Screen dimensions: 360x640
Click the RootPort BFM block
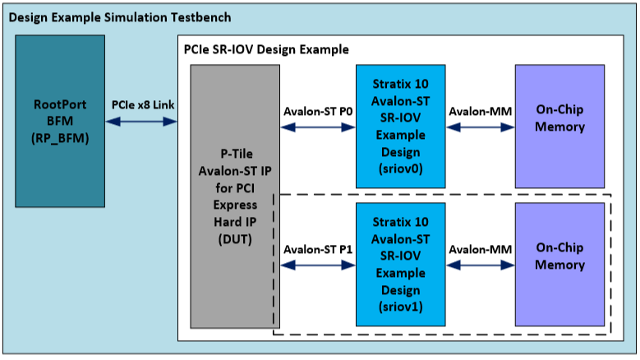click(59, 115)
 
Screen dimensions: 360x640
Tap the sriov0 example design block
click(400, 126)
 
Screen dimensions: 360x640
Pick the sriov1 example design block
click(400, 264)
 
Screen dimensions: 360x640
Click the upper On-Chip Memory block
click(559, 126)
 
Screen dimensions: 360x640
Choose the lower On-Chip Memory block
click(559, 264)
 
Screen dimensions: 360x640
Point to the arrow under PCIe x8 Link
click(141, 122)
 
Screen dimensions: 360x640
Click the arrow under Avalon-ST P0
click(318, 127)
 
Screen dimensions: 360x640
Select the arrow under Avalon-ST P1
click(318, 265)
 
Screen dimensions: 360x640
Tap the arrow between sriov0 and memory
click(480, 127)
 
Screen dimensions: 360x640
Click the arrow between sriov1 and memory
click(480, 265)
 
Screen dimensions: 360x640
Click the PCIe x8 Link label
click(143, 104)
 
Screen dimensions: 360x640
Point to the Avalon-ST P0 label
click(318, 110)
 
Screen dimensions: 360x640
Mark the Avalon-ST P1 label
click(318, 248)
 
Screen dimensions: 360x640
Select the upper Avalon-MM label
click(481, 110)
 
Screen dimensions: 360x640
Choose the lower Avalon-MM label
click(481, 248)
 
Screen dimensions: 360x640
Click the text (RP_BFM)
click(59, 136)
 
